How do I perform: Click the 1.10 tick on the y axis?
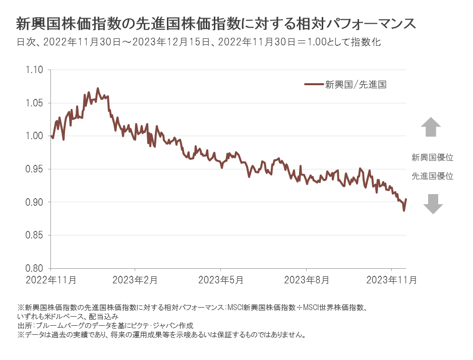coord(34,70)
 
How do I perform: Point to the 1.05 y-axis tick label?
coord(34,103)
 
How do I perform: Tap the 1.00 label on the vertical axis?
coord(34,136)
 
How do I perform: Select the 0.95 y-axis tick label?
coord(34,169)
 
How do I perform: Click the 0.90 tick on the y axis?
coord(34,202)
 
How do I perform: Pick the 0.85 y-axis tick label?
coord(34,235)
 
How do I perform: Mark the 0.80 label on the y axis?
coord(34,268)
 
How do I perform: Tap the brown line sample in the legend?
coord(314,85)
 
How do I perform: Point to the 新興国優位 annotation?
coord(432,157)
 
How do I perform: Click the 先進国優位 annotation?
coord(432,176)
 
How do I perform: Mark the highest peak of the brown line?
coord(97,88)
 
